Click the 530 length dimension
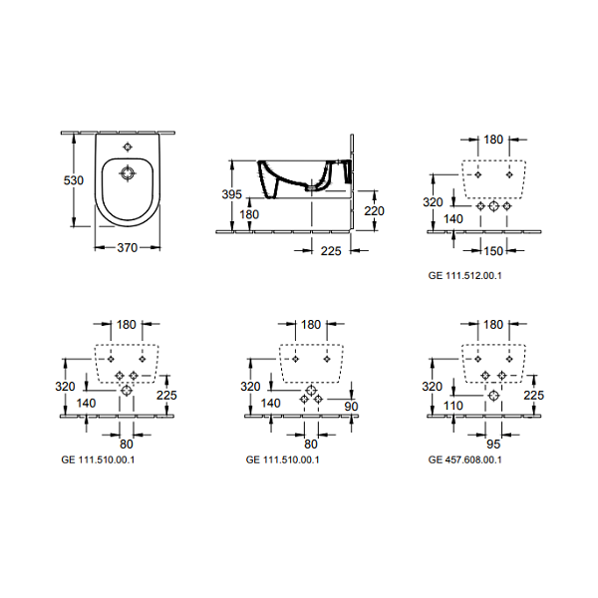(x=73, y=180)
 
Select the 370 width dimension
(x=127, y=248)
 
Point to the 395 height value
(x=232, y=194)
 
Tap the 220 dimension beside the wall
(x=374, y=211)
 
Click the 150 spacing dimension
(x=493, y=251)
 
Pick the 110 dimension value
(x=453, y=406)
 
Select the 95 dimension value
(x=493, y=444)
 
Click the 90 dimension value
(x=351, y=407)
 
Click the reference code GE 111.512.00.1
(x=464, y=276)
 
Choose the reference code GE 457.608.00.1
(x=464, y=459)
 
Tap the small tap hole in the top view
(x=128, y=147)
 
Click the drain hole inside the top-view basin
(x=128, y=173)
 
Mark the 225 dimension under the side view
(x=331, y=251)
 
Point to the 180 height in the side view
(x=249, y=214)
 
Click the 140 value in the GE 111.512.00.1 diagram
(x=453, y=219)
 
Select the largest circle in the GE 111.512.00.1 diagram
(x=493, y=206)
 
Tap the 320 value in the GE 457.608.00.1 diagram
(x=433, y=387)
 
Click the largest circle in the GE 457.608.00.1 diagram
(x=493, y=395)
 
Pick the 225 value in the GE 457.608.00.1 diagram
(x=533, y=395)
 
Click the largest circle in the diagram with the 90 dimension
(x=311, y=390)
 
